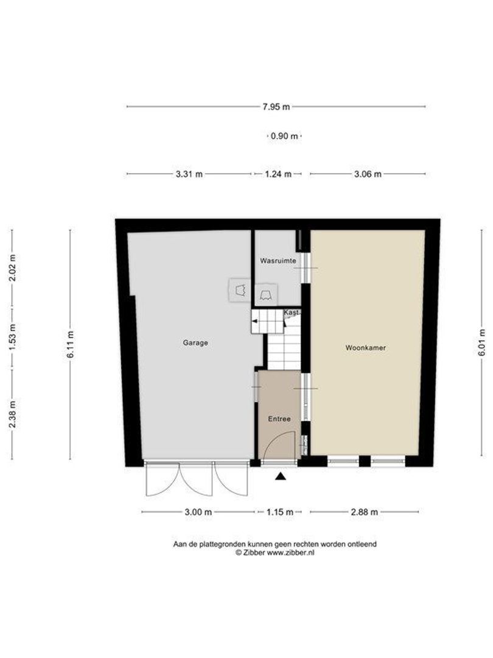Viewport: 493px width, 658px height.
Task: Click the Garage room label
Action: click(195, 343)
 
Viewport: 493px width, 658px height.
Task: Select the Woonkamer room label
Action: click(366, 348)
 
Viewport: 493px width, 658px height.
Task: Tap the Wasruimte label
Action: click(278, 261)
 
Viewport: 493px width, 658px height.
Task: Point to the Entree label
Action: click(279, 419)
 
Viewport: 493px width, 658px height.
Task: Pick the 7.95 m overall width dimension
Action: click(276, 107)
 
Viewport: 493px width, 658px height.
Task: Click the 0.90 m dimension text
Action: click(284, 136)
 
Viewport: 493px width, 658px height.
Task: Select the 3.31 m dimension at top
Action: click(189, 174)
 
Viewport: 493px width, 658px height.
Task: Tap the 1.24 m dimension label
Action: click(278, 174)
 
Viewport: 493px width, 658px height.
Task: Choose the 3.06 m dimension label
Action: click(368, 174)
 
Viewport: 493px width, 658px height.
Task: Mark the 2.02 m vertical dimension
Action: click(12, 267)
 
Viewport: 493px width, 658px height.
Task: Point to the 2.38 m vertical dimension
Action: click(12, 415)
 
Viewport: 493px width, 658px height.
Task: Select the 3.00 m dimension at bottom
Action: click(198, 512)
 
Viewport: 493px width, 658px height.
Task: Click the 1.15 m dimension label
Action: click(280, 512)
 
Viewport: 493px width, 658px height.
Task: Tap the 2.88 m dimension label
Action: click(365, 512)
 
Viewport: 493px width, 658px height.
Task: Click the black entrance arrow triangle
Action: click(281, 477)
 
